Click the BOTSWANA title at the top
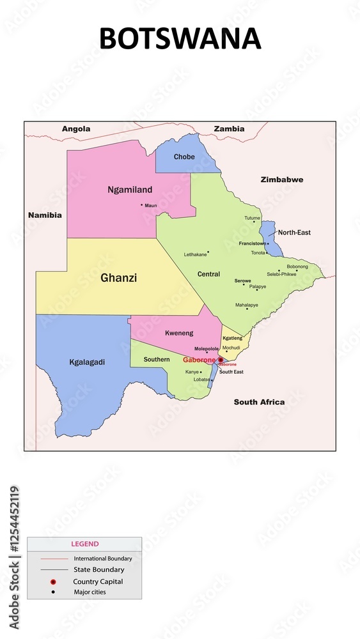coord(180,39)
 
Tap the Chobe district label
coord(184,157)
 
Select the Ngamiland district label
coord(130,190)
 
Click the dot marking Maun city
coord(142,205)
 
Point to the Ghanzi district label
coord(118,278)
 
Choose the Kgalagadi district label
coord(87,362)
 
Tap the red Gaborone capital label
coord(199,360)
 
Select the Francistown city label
coord(252,243)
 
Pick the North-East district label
coord(294,233)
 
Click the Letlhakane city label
coord(195,254)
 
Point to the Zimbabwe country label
coord(281,180)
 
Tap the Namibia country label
coord(45,215)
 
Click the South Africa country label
coord(259,402)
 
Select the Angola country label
coord(76,129)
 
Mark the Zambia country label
coord(229,129)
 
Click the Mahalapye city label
coord(247,305)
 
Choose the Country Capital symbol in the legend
coord(54,581)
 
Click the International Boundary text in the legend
coord(102,558)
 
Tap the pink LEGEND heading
coord(84,544)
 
